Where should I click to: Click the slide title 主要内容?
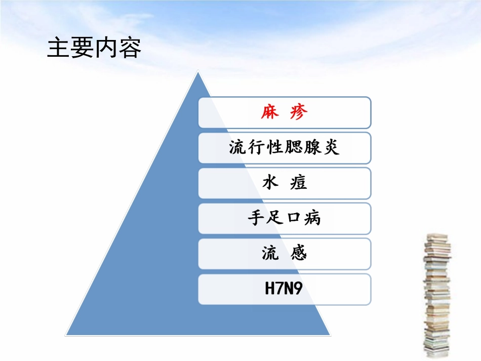point(94,48)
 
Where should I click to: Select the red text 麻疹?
point(284,112)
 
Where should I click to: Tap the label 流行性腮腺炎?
point(284,148)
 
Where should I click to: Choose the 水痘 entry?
point(284,183)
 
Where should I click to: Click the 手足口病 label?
point(284,218)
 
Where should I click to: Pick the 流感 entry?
point(284,254)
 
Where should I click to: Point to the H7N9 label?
point(284,289)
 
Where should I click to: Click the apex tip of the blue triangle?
point(198,72)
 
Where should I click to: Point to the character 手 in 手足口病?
point(256,218)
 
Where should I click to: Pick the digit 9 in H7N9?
point(298,289)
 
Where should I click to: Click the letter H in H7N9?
point(270,289)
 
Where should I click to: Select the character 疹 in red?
point(299,112)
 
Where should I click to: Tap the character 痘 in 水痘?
point(299,183)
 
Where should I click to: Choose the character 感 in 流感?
point(299,254)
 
